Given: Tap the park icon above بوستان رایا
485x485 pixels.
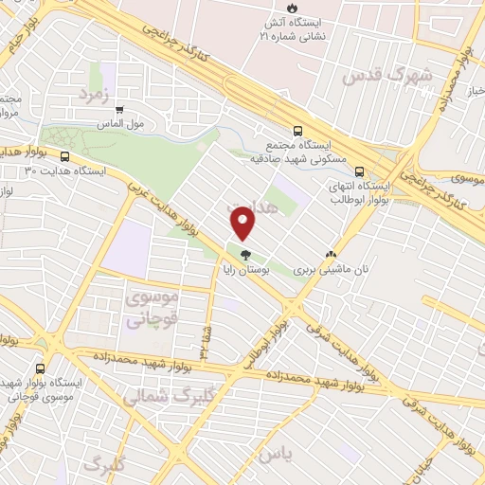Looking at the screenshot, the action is (246, 254).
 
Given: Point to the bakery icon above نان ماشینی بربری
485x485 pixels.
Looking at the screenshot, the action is (331, 254).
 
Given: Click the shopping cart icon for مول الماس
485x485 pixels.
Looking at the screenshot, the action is (117, 109).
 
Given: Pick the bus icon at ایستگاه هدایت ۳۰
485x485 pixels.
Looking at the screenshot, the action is (64, 156).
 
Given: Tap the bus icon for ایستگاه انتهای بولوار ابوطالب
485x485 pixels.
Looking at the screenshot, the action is (359, 171).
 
